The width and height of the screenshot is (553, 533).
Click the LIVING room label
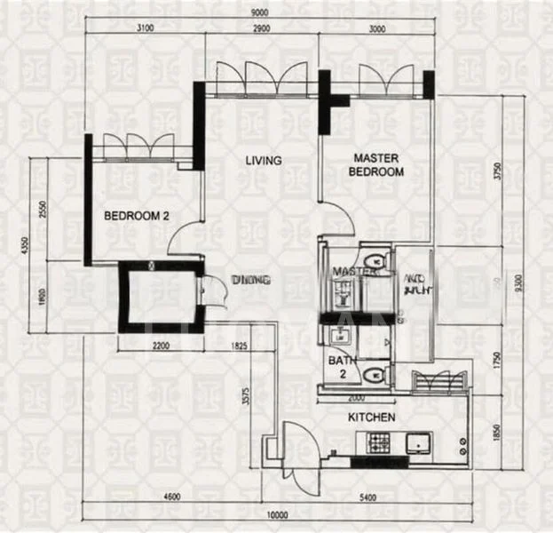264,161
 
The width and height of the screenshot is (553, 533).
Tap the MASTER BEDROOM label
376,165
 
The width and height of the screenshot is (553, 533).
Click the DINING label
250,280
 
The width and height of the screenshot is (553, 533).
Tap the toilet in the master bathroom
379,260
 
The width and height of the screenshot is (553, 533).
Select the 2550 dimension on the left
42,209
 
